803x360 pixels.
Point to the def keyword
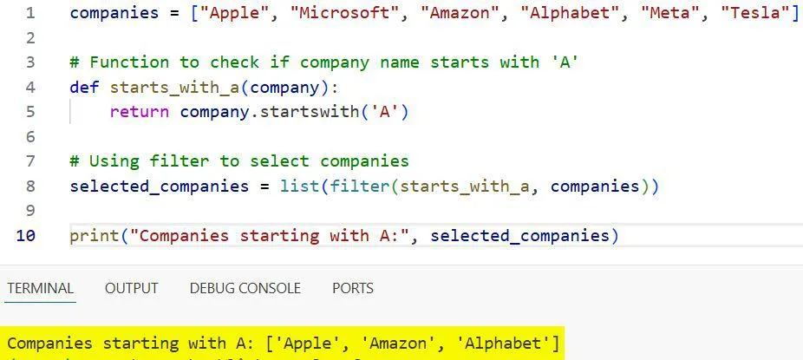pyautogui.click(x=85, y=88)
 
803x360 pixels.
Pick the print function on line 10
pyautogui.click(x=95, y=236)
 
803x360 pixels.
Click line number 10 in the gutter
pyautogui.click(x=26, y=236)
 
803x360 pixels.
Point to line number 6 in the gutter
pyautogui.click(x=30, y=137)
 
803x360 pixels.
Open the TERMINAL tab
pyautogui.click(x=41, y=288)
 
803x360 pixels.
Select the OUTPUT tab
pyautogui.click(x=132, y=288)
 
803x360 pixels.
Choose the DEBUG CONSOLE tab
pyautogui.click(x=245, y=288)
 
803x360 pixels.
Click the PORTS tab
pyautogui.click(x=353, y=288)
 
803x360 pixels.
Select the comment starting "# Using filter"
pyautogui.click(x=239, y=161)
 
